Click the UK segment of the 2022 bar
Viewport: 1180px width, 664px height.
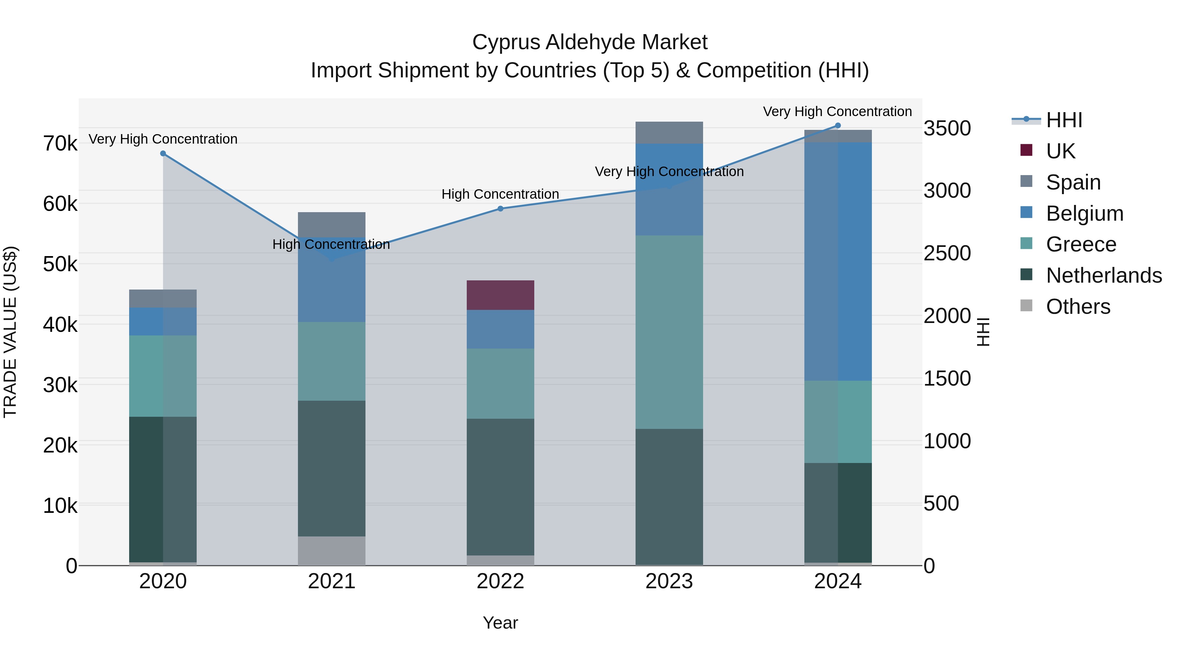tap(500, 295)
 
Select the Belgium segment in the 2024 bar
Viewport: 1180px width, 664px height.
tap(838, 261)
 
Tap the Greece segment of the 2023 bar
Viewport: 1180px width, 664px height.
tap(669, 332)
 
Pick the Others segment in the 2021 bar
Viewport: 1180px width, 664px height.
tap(332, 551)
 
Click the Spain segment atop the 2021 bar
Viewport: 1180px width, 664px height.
tap(332, 224)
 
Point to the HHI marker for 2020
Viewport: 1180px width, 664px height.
tap(163, 153)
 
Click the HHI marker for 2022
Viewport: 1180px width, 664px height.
tap(500, 209)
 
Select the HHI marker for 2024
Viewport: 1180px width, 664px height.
tap(838, 126)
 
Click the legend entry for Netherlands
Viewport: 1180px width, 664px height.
tap(1103, 275)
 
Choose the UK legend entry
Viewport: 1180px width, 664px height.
tap(1060, 151)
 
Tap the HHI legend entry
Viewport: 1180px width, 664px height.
tap(1064, 120)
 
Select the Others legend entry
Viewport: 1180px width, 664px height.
tap(1077, 307)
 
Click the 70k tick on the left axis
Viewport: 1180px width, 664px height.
tap(60, 143)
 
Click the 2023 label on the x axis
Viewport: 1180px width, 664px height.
tap(669, 581)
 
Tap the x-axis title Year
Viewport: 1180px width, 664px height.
tap(500, 623)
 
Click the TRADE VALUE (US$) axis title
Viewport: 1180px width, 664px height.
tap(10, 332)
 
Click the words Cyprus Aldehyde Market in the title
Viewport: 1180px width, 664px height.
tap(590, 42)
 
